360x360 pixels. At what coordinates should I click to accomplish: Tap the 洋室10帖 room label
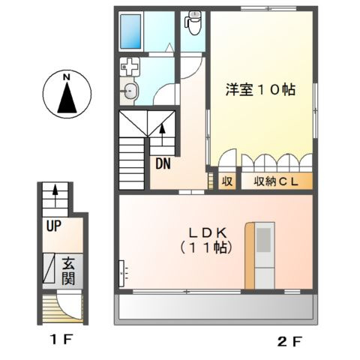click(260, 89)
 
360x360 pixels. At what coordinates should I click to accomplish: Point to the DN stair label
click(162, 163)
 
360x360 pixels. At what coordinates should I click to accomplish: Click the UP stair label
click(53, 224)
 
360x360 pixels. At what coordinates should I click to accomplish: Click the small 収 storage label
click(226, 181)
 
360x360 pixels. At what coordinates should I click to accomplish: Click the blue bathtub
click(135, 30)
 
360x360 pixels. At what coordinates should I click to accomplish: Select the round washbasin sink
click(129, 93)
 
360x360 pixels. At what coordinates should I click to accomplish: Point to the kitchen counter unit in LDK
click(262, 253)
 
